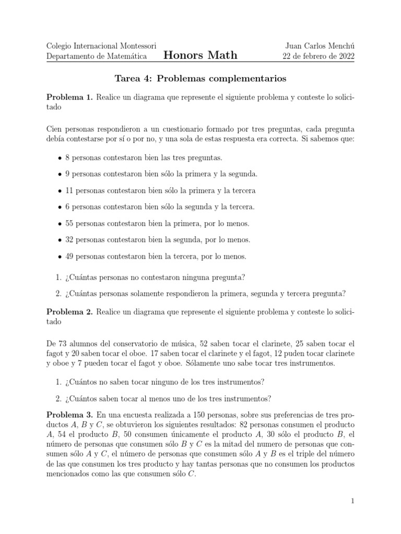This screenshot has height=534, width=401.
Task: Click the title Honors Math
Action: pyautogui.click(x=200, y=55)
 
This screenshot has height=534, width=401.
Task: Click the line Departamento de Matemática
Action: pyautogui.click(x=97, y=56)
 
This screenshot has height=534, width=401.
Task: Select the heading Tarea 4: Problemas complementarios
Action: pyautogui.click(x=200, y=79)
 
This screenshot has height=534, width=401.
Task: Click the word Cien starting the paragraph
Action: pyautogui.click(x=55, y=128)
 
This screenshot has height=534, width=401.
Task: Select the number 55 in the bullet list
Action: pyautogui.click(x=69, y=223)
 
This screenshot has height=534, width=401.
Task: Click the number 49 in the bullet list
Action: pyautogui.click(x=69, y=256)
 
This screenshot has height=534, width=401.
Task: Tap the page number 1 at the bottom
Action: pyautogui.click(x=353, y=501)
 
